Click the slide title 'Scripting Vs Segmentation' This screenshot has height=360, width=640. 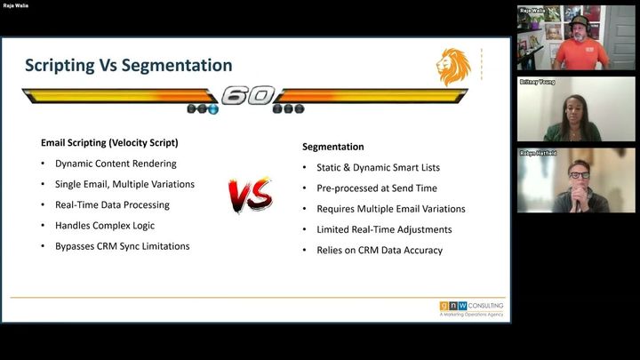point(129,65)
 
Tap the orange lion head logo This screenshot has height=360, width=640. point(453,67)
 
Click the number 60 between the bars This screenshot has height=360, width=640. point(248,95)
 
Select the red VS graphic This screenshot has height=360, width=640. point(250,195)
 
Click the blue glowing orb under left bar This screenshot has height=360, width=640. point(213,109)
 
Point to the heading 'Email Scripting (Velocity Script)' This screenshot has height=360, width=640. point(109,143)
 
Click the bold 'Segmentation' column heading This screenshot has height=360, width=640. point(333,147)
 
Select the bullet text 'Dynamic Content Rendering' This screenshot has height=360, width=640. point(116,164)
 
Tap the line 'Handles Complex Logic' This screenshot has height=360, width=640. point(105,226)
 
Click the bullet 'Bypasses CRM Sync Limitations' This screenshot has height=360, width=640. point(123,246)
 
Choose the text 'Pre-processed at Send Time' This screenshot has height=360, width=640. point(377,188)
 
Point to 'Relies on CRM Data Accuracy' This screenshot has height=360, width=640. point(380,250)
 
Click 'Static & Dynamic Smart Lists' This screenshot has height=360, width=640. point(379,168)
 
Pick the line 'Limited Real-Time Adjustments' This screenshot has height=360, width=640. point(385,230)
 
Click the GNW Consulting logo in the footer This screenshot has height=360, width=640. point(471,308)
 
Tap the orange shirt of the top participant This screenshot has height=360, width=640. point(580,55)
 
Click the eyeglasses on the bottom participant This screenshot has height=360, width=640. point(580,175)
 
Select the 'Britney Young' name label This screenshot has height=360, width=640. point(537,82)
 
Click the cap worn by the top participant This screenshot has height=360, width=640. point(580,20)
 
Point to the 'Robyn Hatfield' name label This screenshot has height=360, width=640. point(538,153)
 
